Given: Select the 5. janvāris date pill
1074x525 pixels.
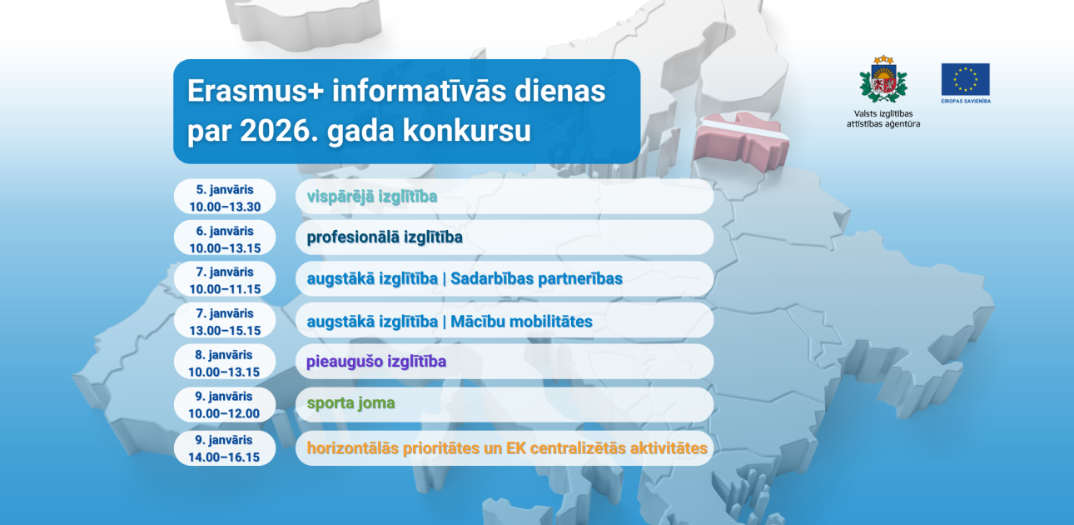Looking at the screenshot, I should click(x=225, y=197).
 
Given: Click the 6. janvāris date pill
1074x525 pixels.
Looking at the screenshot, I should click(x=225, y=237).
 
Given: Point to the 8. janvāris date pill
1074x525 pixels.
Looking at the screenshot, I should click(x=225, y=362).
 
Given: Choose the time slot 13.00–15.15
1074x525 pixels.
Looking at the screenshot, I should click(x=225, y=330).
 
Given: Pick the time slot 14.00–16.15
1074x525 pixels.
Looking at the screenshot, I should click(x=225, y=457).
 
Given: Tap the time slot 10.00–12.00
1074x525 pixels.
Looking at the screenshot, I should click(x=225, y=413).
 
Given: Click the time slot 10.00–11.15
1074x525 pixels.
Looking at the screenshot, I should click(x=225, y=289).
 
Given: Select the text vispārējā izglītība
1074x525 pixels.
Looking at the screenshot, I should click(x=372, y=197).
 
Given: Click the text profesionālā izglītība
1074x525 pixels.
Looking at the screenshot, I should click(x=385, y=237).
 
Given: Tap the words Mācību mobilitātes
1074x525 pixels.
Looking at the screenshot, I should click(x=521, y=321).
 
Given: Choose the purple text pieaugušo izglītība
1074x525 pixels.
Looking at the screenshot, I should click(x=376, y=362).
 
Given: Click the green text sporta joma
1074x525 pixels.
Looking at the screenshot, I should click(x=351, y=404).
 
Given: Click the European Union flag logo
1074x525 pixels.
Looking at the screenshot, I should click(x=965, y=79).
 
